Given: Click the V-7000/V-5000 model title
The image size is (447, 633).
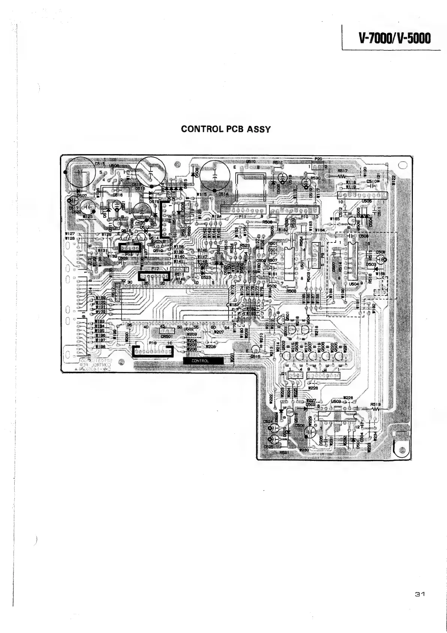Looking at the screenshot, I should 394,38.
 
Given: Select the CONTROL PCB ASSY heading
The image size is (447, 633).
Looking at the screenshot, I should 225,129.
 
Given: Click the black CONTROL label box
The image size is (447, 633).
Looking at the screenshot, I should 203,361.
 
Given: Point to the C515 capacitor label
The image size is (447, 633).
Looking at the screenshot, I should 100,164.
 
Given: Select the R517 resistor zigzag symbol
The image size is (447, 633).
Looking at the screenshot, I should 342,176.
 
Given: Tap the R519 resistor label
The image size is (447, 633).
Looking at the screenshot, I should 375,405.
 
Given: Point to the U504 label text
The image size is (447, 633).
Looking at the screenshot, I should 353,285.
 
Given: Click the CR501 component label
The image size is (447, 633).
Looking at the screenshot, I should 166,336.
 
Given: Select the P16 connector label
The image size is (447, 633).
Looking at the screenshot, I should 152,343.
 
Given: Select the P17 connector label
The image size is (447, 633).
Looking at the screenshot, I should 155,269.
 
